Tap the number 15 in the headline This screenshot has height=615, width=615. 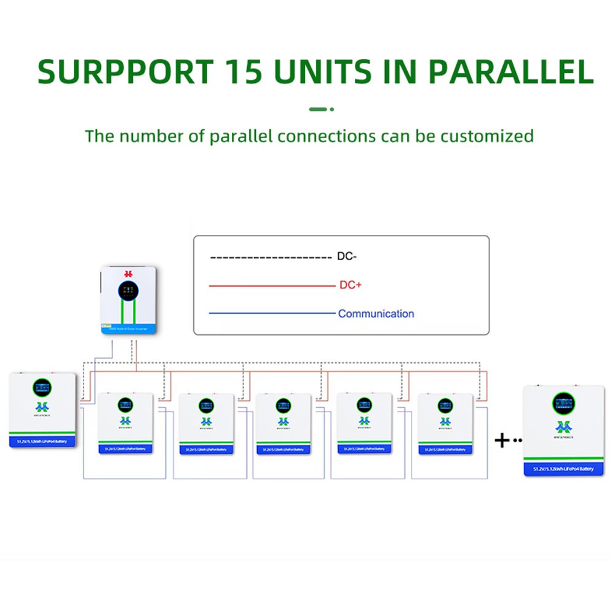tap(241, 72)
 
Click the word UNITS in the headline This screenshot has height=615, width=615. tap(326, 72)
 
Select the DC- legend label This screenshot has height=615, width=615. tap(346, 256)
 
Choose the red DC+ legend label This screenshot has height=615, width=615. tap(350, 285)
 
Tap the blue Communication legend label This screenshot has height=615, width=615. tap(376, 314)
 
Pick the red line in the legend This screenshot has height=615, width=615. tap(271, 286)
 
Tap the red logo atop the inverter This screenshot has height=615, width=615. tap(129, 273)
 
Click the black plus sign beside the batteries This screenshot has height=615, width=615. tap(502, 440)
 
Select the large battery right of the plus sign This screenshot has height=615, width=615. tap(563, 430)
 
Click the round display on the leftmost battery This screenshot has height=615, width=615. tap(42, 387)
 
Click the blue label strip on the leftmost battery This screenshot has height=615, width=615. tap(42, 440)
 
